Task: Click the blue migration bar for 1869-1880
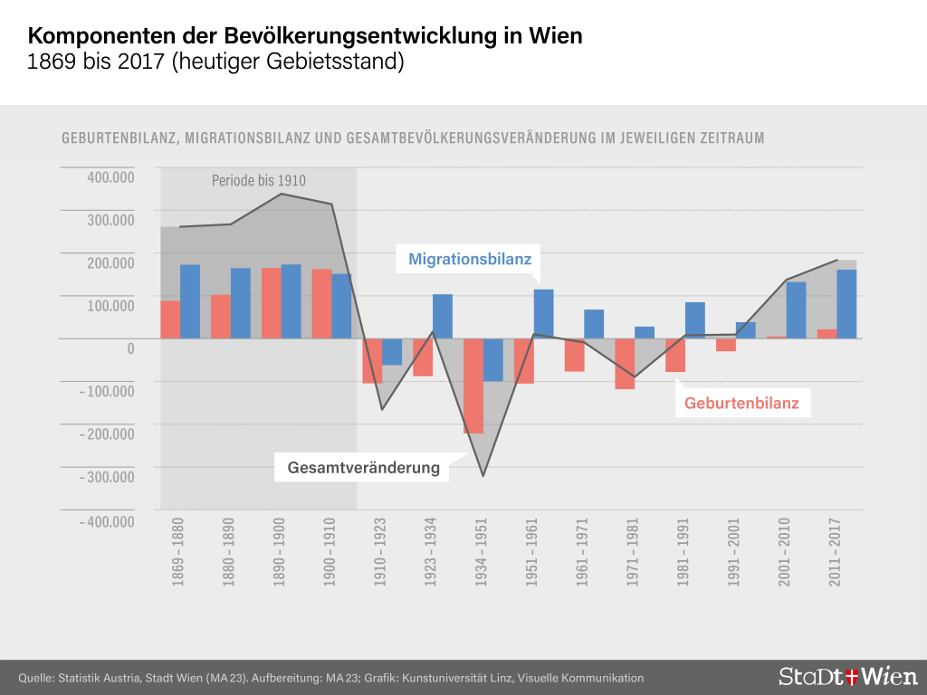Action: [190, 301]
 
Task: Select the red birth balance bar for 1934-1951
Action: [473, 386]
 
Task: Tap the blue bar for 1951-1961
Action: [543, 313]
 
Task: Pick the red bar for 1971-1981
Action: [625, 364]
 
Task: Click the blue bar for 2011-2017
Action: [846, 304]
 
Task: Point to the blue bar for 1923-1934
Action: [443, 316]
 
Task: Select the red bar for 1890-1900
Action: [272, 303]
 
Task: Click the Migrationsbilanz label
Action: [469, 259]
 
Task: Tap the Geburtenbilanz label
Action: [741, 403]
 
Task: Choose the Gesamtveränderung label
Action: [363, 468]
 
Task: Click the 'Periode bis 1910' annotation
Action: [259, 181]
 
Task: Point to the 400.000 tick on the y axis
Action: [110, 176]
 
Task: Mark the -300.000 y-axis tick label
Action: [106, 476]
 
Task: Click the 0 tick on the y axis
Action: [130, 348]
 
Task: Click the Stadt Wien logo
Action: [847, 676]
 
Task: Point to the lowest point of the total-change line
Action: [483, 475]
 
